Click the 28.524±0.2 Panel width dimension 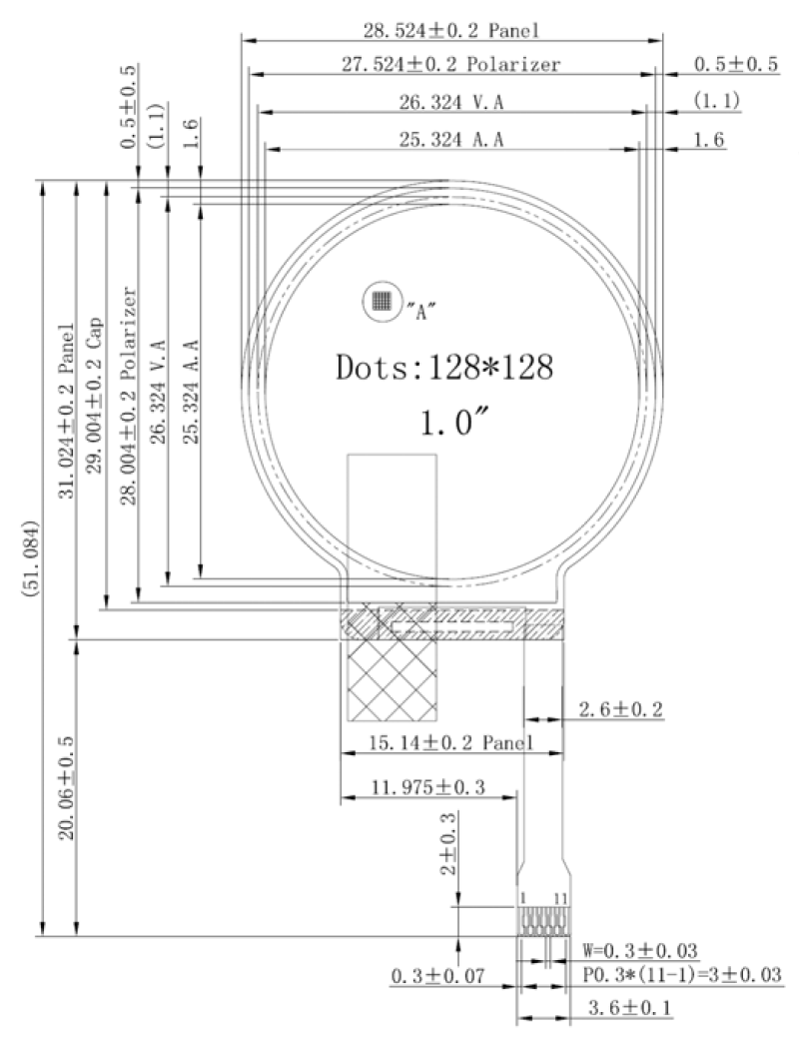pyautogui.click(x=450, y=30)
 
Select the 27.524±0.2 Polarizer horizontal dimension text pyautogui.click(x=450, y=64)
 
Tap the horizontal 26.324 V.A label pyautogui.click(x=450, y=102)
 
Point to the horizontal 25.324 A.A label pyautogui.click(x=450, y=140)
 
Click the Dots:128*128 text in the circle pyautogui.click(x=444, y=367)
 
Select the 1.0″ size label pyautogui.click(x=454, y=423)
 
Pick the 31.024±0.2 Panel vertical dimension pyautogui.click(x=66, y=411)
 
